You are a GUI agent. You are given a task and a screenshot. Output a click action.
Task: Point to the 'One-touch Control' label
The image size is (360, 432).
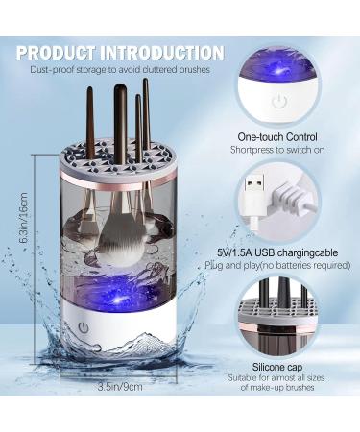[x=280, y=136]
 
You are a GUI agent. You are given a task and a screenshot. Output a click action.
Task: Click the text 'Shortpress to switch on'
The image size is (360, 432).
[x=280, y=151]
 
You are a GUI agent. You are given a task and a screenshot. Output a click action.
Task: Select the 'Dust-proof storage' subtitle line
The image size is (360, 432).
[x=119, y=70]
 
